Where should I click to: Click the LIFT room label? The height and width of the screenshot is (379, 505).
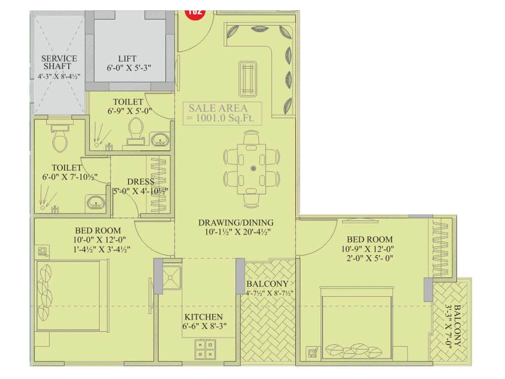tap(127, 59)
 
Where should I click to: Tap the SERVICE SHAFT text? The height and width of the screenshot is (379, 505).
tap(59, 63)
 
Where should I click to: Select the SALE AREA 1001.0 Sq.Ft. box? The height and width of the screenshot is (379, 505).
tap(222, 113)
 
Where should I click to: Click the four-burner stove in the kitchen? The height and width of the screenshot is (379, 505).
tap(205, 349)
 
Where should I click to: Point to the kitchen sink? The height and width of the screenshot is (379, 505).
tap(171, 278)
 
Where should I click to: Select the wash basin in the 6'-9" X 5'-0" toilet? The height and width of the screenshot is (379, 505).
tap(160, 140)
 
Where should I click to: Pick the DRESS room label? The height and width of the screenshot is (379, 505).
tap(140, 182)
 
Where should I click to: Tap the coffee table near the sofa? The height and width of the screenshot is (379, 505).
tap(248, 79)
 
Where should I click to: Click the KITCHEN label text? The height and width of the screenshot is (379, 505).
tap(204, 317)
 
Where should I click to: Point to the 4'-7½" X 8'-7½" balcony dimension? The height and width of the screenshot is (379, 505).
tap(269, 293)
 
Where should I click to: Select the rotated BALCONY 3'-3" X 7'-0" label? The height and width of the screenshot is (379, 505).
tap(453, 325)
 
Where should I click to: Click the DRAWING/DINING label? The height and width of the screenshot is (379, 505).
tap(236, 223)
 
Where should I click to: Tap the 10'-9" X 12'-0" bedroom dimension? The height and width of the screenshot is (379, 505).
tap(367, 249)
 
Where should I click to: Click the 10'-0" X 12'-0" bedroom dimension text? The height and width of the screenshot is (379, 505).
tap(99, 240)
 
